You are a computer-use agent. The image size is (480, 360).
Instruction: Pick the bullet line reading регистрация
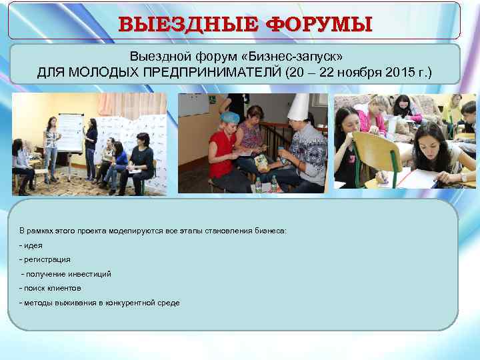pos(47,259)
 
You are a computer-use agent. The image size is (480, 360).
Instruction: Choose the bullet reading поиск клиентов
pos(52,288)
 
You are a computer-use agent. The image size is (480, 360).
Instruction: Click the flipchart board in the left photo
pos(71,140)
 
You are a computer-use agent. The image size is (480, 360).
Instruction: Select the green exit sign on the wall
pos(212,100)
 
